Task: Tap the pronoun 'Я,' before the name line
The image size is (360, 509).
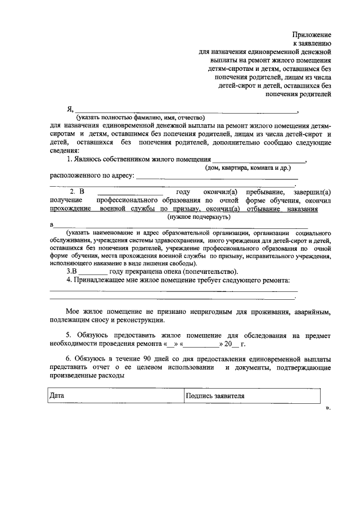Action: pos(70,109)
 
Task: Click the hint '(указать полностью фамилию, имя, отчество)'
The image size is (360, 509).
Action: pos(138,118)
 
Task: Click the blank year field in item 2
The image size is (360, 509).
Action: pos(130,192)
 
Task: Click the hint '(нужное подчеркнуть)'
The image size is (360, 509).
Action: pos(197,216)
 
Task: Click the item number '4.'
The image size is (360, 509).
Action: pos(69,280)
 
